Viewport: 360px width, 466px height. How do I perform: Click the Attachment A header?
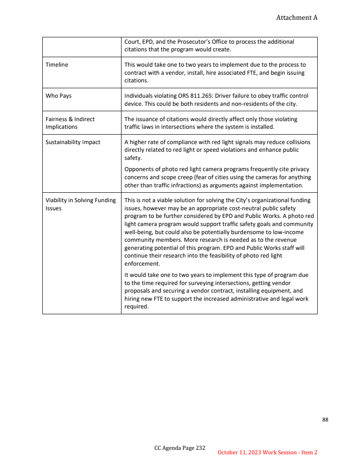[297, 18]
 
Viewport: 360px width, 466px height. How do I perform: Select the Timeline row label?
[57, 65]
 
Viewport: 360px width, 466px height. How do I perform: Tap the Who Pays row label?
[58, 96]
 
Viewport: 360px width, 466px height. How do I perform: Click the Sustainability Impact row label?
[73, 142]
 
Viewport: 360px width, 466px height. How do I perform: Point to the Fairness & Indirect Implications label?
[70, 123]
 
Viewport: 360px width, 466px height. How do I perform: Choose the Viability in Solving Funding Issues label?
[81, 204]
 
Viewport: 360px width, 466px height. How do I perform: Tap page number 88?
[325, 420]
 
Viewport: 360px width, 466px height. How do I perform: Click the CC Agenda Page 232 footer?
[180, 448]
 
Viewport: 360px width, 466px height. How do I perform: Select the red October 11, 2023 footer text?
[267, 452]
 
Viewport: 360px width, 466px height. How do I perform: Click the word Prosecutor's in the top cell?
[195, 42]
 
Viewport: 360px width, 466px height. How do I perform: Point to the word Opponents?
[139, 169]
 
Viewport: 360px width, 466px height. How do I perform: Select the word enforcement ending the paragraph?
[141, 264]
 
